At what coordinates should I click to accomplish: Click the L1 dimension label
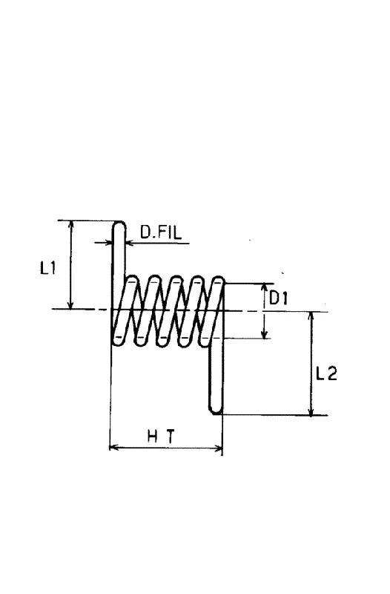point(48,269)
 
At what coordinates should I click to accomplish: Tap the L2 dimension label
point(326,374)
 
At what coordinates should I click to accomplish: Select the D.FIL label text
point(161,232)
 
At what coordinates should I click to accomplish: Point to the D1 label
point(278,298)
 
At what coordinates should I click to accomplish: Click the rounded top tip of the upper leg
point(119,223)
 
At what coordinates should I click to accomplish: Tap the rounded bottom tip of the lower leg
point(216,411)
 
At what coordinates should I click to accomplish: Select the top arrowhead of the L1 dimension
point(70,224)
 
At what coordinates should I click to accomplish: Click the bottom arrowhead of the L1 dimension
point(70,305)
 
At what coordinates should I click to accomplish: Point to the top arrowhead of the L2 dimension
point(311,316)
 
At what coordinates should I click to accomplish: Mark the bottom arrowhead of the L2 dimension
point(311,411)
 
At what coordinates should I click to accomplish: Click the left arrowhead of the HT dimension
point(114,448)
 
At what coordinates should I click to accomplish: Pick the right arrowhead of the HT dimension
point(218,448)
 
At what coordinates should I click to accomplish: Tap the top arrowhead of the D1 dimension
point(265,288)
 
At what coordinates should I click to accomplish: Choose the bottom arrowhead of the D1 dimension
point(265,333)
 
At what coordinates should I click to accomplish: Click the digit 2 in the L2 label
point(331,374)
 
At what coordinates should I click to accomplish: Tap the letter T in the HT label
point(171,437)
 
